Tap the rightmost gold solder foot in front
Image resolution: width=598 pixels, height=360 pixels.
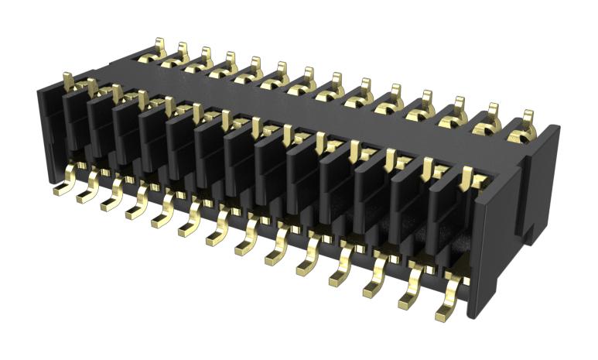click(x=447, y=311)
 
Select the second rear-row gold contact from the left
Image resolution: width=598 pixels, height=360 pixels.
click(x=183, y=53)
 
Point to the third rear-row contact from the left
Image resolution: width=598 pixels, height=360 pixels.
click(x=205, y=58)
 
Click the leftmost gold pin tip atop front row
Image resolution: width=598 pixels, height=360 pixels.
click(x=67, y=78)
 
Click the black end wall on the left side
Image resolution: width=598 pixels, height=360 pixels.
click(x=48, y=124)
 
